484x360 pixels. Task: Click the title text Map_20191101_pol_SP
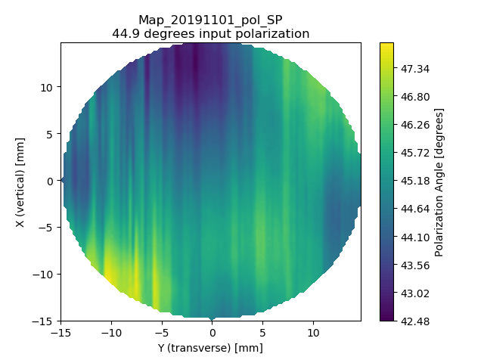210,20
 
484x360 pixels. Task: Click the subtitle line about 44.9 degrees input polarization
210,33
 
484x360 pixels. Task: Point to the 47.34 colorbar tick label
415,69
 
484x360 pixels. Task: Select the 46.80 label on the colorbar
415,97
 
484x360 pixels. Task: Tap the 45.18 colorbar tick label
415,181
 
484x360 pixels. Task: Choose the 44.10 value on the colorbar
415,237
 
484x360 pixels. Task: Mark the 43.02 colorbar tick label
415,293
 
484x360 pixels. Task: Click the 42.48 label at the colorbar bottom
415,321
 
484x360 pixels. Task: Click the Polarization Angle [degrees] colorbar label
439,182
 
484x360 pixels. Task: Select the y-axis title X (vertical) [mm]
20,182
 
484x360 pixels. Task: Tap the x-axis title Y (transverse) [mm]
210,348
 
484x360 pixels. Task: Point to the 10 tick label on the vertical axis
46,88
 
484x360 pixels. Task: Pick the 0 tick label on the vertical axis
50,182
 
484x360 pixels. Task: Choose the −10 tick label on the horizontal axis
111,333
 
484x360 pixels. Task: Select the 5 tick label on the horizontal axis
262,333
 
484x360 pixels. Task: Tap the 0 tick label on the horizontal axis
212,333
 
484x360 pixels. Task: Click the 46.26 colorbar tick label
415,125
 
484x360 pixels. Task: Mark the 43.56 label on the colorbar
415,265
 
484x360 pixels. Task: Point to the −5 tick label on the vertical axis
46,228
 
